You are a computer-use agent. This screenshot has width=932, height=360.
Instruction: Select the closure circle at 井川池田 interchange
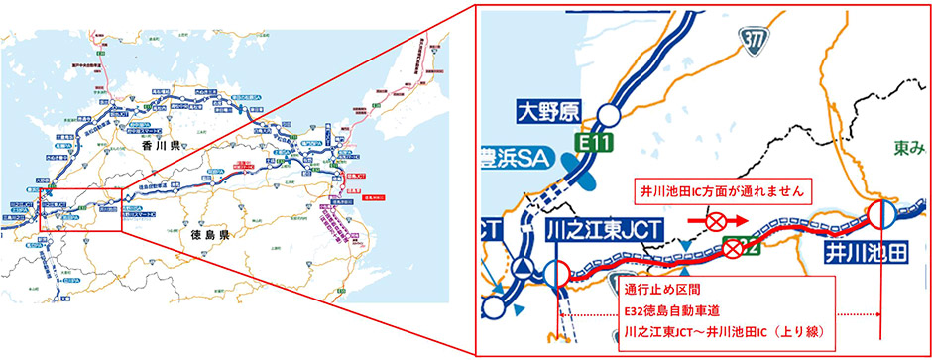(882, 214)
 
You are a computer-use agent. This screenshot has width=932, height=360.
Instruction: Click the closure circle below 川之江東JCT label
(556, 273)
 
